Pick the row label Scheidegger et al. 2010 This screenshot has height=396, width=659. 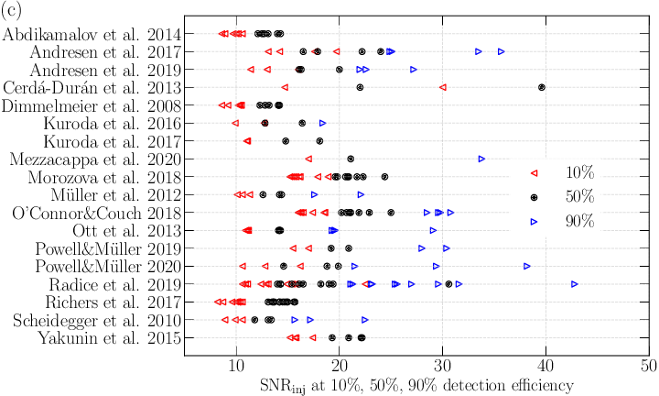91,320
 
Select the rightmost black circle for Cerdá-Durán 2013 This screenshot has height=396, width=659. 542,87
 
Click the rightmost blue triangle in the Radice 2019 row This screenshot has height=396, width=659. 575,284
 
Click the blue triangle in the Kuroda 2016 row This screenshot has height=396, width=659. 322,123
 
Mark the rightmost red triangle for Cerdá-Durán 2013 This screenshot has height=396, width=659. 443,87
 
